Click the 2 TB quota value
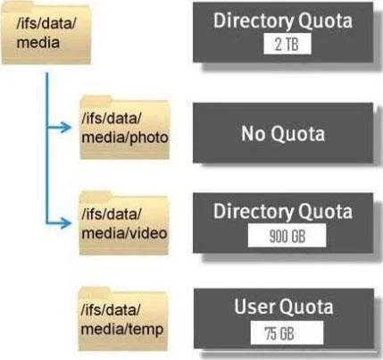[287, 45]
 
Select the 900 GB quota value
[287, 236]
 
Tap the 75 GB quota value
[279, 333]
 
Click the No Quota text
[283, 133]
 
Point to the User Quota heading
[283, 306]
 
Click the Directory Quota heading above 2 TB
[283, 21]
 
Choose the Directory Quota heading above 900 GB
[283, 212]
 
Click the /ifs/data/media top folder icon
[46, 33]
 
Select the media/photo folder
[125, 128]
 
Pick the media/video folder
[124, 223]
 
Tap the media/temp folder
[122, 319]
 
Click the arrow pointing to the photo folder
[59, 128]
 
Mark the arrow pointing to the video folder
[59, 223]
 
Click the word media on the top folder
[38, 43]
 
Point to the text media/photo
[125, 138]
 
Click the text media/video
[124, 233]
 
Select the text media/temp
[122, 330]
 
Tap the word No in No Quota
[253, 133]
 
